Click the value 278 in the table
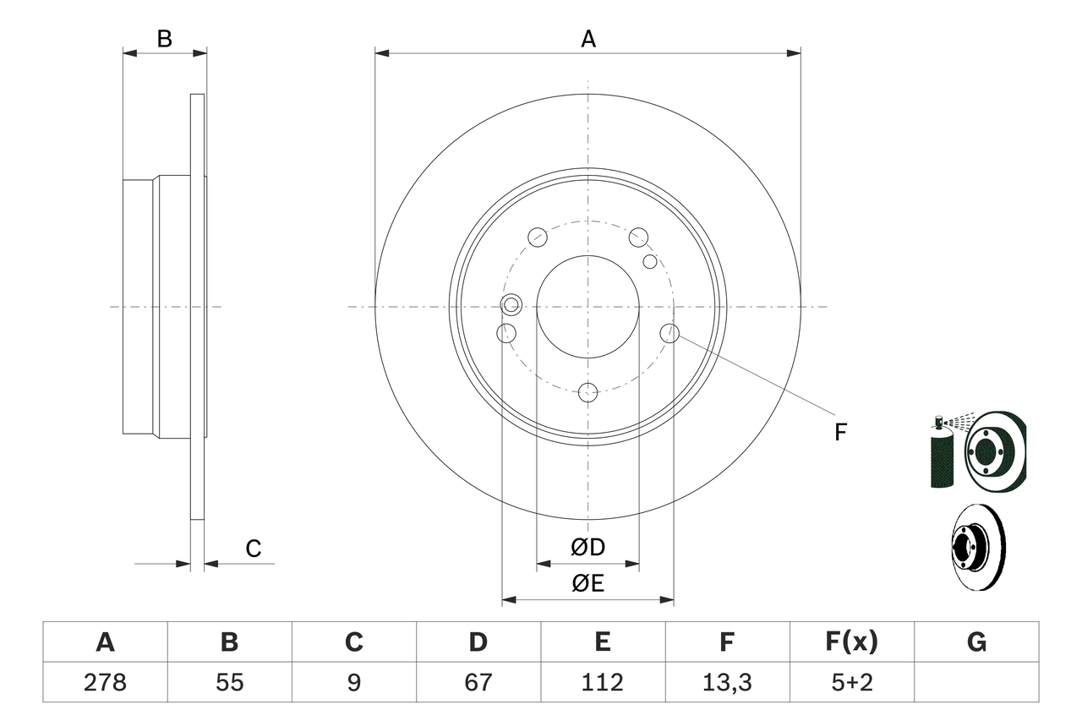click(x=105, y=682)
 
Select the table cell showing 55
click(x=229, y=682)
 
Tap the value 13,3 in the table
click(x=727, y=682)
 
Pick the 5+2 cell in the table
click(x=852, y=682)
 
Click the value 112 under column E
click(x=603, y=682)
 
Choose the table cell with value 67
click(x=478, y=682)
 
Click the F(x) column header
click(x=852, y=642)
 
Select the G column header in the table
click(x=976, y=642)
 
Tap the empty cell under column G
click(x=976, y=682)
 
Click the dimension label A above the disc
click(x=587, y=39)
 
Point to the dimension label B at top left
click(x=165, y=39)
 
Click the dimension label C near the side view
click(x=253, y=549)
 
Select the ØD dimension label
click(x=587, y=548)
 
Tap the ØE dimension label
click(x=587, y=583)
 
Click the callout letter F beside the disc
click(x=839, y=433)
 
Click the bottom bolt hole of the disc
click(x=587, y=392)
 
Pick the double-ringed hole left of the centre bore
click(x=511, y=304)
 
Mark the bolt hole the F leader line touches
click(x=669, y=333)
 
